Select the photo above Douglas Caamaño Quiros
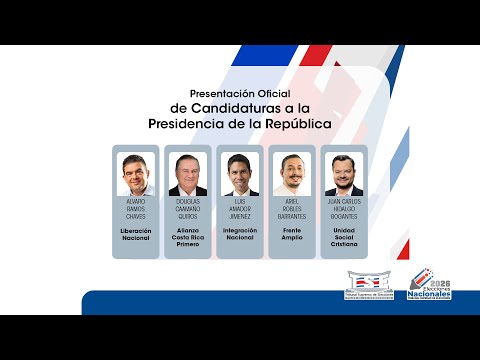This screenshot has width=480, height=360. (188, 175)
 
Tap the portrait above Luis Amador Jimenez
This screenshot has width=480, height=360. (240, 175)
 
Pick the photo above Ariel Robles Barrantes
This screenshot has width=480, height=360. (292, 175)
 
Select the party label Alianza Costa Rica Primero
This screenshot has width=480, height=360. (188, 236)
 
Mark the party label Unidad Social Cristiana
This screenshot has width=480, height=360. (344, 236)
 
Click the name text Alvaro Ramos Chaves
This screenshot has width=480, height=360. (136, 207)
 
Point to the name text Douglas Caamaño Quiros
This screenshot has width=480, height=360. (188, 207)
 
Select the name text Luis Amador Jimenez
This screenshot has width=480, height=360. (240, 207)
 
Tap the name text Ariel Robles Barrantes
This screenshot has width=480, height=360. (292, 207)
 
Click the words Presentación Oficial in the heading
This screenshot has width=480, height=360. (239, 93)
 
